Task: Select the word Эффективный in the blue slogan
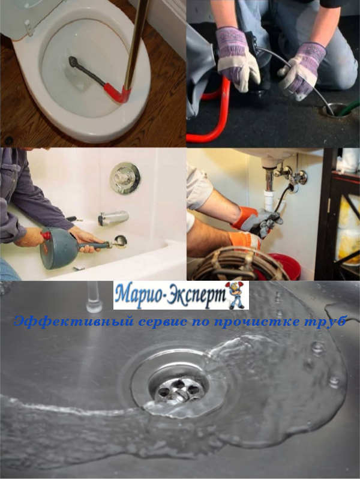tap(74, 322)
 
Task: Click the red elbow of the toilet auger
tap(118, 93)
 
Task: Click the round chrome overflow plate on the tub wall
tap(125, 178)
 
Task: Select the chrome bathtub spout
tap(113, 218)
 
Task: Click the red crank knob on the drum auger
tap(46, 236)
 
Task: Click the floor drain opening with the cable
tap(336, 110)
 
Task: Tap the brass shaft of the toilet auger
tap(137, 43)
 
